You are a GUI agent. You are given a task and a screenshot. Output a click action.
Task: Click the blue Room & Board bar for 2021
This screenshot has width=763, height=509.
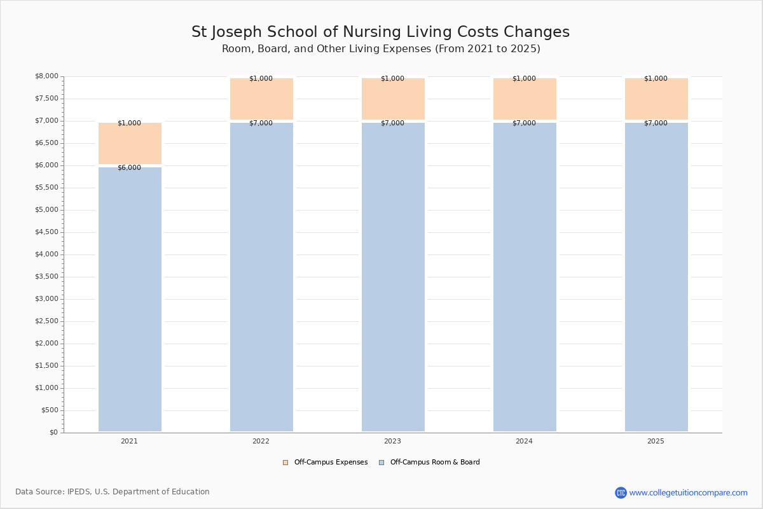(x=130, y=299)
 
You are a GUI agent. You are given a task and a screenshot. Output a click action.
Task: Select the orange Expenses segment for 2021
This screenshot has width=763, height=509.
(x=130, y=143)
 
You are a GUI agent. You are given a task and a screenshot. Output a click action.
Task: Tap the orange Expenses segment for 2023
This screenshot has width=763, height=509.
(x=393, y=99)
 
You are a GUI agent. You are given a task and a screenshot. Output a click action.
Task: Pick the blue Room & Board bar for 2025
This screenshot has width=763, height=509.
(x=656, y=277)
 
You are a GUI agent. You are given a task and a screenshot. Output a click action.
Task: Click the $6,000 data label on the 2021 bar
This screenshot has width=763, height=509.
(x=130, y=168)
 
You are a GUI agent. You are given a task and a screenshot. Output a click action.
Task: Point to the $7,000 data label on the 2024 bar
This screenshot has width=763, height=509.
(x=524, y=123)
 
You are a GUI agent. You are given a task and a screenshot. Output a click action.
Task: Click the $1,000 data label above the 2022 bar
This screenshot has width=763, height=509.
(x=261, y=78)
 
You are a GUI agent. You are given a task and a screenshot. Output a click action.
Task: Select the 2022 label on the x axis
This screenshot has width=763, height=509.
(x=261, y=441)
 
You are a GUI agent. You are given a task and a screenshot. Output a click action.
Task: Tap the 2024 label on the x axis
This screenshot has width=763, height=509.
(x=524, y=441)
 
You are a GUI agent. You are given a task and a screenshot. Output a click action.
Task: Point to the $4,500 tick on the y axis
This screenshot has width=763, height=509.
(x=46, y=232)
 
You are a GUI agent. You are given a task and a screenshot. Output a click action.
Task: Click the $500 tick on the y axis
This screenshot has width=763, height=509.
(x=50, y=410)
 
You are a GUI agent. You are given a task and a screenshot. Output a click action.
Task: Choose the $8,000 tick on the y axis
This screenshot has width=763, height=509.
(x=46, y=76)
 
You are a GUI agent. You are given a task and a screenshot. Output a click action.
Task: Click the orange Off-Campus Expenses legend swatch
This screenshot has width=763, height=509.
(x=285, y=463)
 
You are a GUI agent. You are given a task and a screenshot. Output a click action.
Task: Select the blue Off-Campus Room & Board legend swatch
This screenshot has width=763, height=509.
(x=381, y=463)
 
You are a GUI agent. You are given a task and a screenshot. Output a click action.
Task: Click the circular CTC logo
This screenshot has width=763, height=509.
(x=621, y=492)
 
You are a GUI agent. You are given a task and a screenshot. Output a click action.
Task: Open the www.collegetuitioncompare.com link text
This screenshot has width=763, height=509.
(x=689, y=493)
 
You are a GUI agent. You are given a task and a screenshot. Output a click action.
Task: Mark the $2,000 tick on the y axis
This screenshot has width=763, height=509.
(x=46, y=344)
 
